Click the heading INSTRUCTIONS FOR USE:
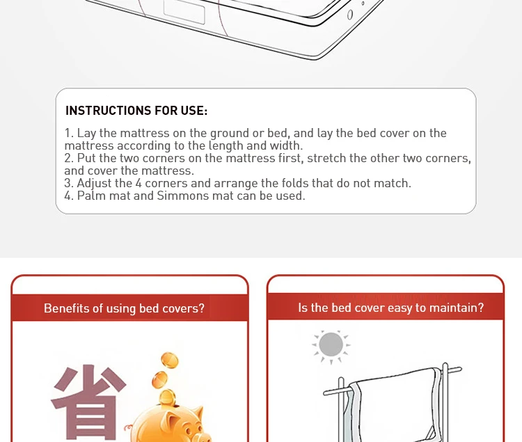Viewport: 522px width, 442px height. [x=136, y=111]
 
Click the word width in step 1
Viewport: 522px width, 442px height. [x=286, y=145]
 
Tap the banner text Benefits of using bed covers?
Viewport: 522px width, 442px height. [x=124, y=308]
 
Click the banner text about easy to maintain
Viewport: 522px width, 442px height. [x=391, y=308]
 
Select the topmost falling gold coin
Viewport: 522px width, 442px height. [x=170, y=361]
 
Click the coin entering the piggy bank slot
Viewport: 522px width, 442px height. [x=167, y=397]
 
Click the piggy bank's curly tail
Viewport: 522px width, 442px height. [x=128, y=428]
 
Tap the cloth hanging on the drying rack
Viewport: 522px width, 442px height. [x=393, y=404]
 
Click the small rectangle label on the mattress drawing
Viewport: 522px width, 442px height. [x=184, y=12]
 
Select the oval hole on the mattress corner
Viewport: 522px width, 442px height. [x=350, y=15]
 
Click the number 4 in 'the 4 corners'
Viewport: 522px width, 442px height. [x=139, y=183]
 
